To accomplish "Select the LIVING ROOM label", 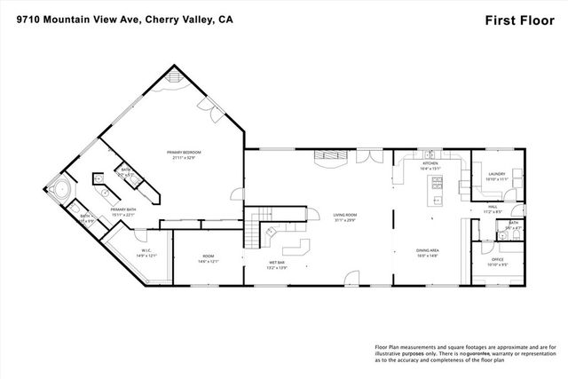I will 344,217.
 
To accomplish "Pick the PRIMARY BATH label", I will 123,211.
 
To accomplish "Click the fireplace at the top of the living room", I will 335,161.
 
